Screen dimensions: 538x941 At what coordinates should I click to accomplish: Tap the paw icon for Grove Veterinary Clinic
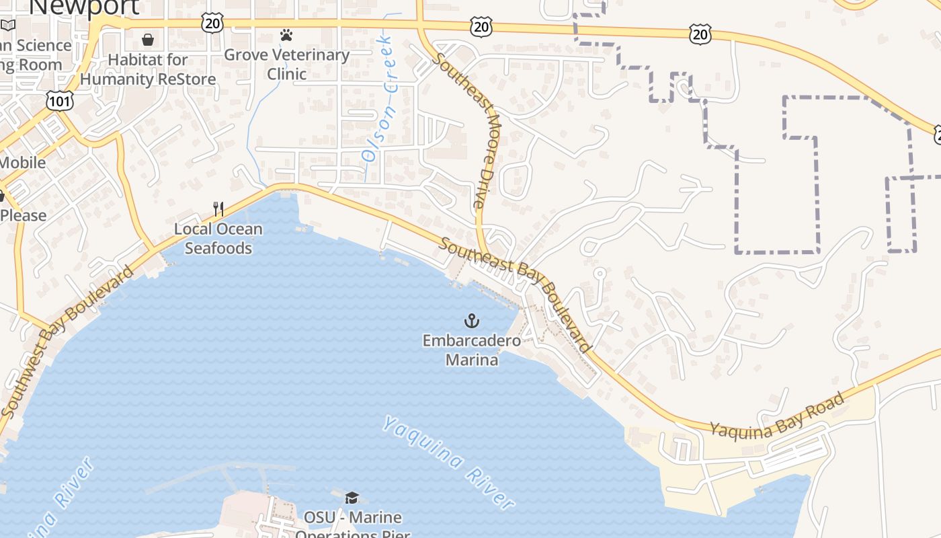point(286,34)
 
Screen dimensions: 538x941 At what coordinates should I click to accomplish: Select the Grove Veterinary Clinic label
point(286,64)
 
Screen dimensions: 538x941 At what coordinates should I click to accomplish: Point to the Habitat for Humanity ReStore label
point(148,69)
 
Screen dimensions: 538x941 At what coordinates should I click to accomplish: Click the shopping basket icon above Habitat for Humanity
point(148,40)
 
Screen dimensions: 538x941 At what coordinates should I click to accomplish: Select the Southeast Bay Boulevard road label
point(515,294)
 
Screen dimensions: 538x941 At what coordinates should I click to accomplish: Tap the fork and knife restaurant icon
point(218,208)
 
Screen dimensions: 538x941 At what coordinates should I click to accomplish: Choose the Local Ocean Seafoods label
point(218,239)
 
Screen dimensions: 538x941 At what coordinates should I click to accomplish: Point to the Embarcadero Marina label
point(472,350)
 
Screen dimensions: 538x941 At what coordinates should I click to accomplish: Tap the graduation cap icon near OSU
point(352,498)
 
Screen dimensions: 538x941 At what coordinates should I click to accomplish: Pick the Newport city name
point(85,7)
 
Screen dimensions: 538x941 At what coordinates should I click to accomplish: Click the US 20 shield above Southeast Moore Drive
point(482,27)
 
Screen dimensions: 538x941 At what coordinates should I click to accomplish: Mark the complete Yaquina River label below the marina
point(449,462)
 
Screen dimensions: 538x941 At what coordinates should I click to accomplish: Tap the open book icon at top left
point(7,26)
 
